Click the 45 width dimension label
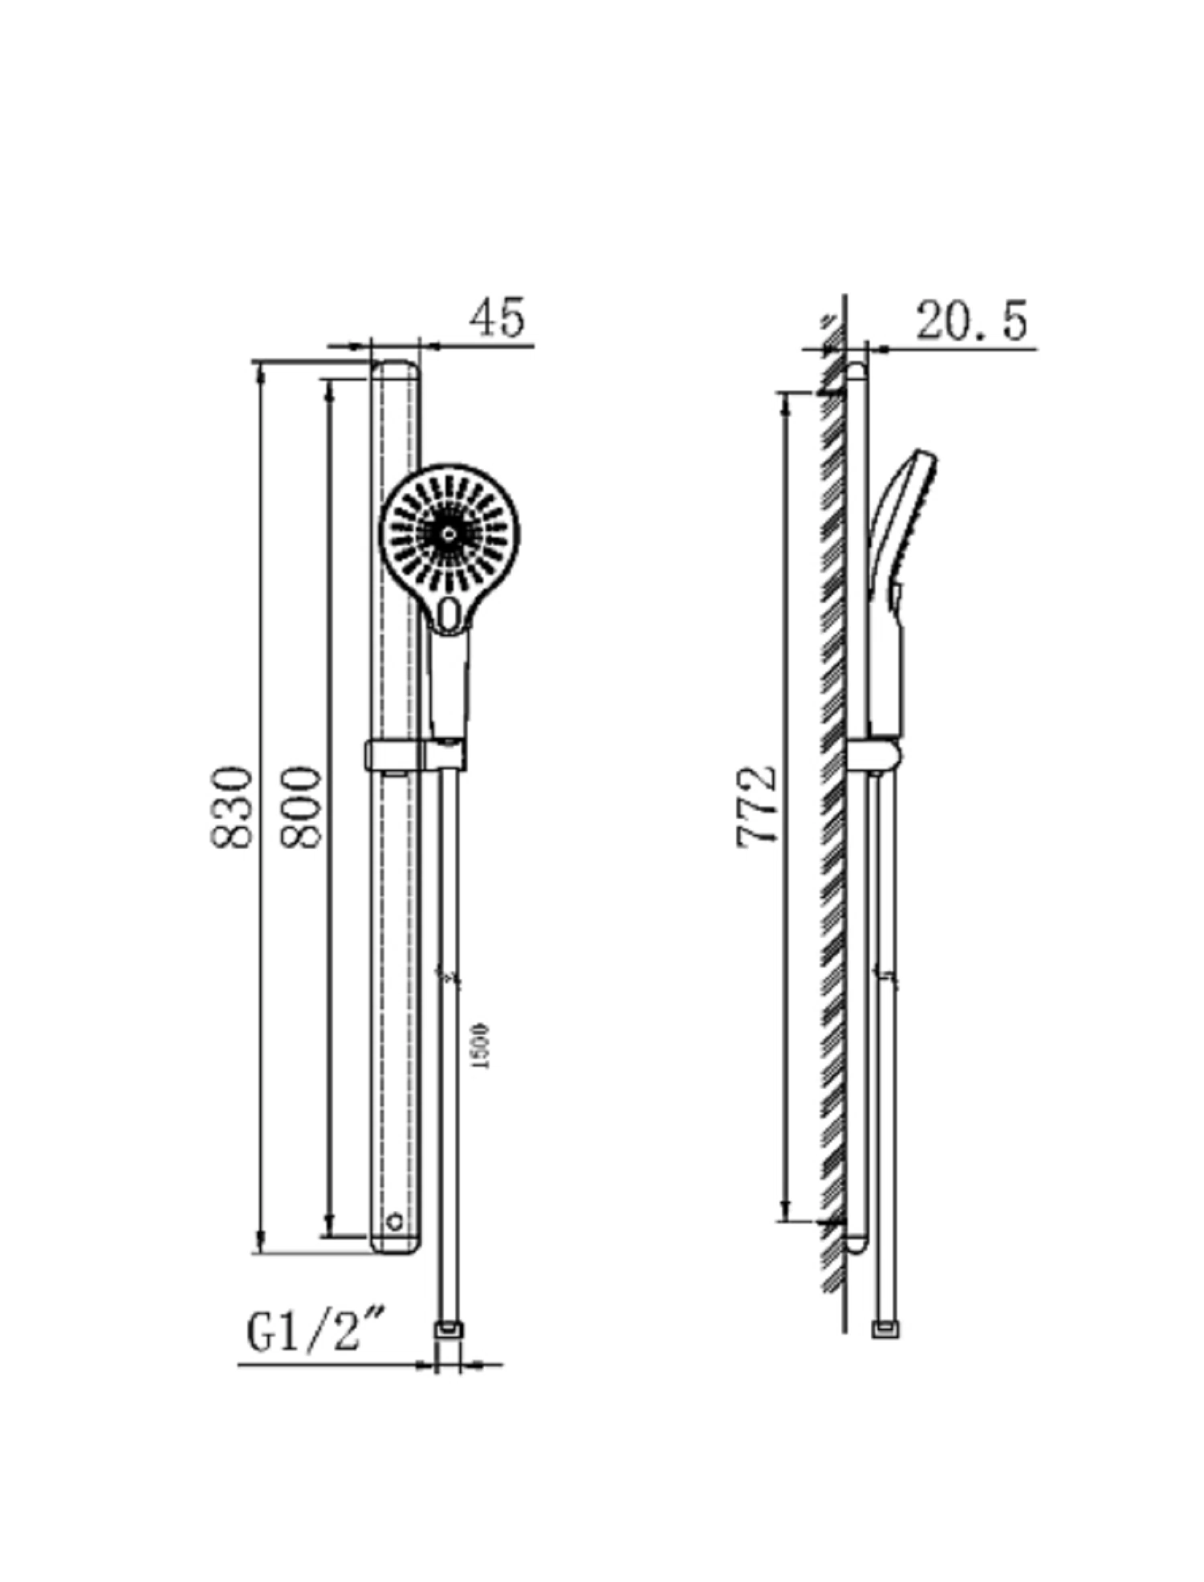[x=497, y=317]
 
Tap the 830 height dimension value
[x=232, y=807]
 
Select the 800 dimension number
[x=301, y=807]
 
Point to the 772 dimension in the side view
[x=757, y=805]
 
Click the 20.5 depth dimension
[x=971, y=321]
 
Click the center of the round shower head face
[x=449, y=532]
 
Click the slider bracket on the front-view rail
[x=415, y=756]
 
